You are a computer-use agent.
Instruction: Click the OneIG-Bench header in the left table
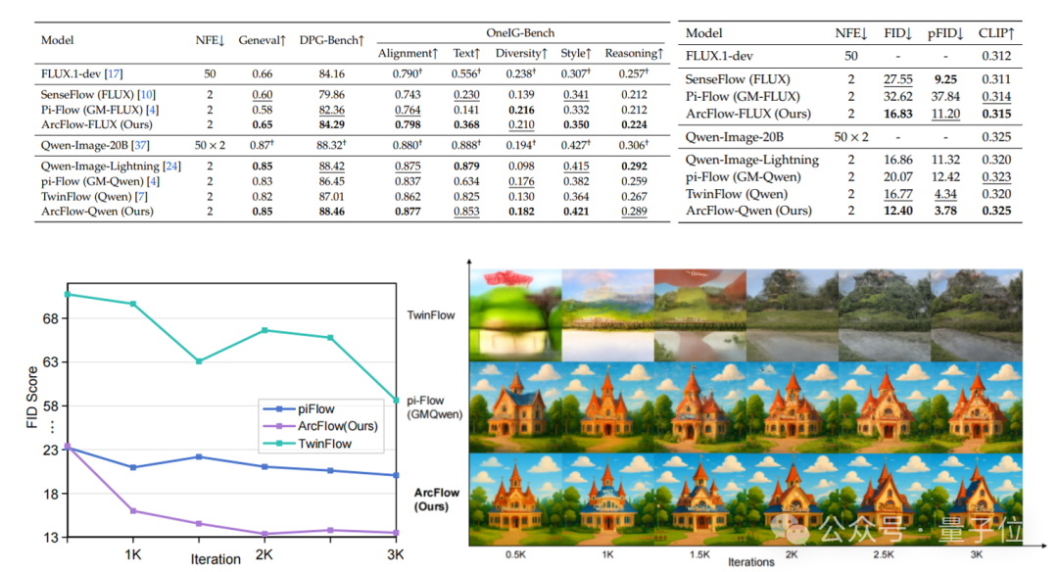(520, 32)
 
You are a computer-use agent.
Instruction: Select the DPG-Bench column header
(332, 40)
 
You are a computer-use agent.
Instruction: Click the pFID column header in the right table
(945, 33)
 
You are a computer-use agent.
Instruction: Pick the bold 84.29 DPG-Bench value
(331, 124)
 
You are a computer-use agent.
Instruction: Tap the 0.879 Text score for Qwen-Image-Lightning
(466, 166)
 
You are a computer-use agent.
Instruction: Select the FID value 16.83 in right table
(898, 114)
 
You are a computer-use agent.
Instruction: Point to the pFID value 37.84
(945, 96)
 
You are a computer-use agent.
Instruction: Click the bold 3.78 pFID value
(945, 211)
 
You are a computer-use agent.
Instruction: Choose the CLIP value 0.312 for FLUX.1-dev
(996, 56)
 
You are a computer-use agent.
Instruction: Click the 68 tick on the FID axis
(51, 318)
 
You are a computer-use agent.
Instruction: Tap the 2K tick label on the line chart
(264, 554)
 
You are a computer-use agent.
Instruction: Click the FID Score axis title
(31, 398)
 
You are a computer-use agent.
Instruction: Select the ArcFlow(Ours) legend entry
(319, 426)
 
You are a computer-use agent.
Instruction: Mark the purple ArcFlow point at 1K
(133, 511)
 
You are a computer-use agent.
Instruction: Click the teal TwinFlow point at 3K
(396, 401)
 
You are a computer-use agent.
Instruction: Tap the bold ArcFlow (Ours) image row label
(437, 500)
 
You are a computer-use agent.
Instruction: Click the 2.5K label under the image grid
(884, 554)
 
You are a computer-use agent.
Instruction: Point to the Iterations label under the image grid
(751, 562)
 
